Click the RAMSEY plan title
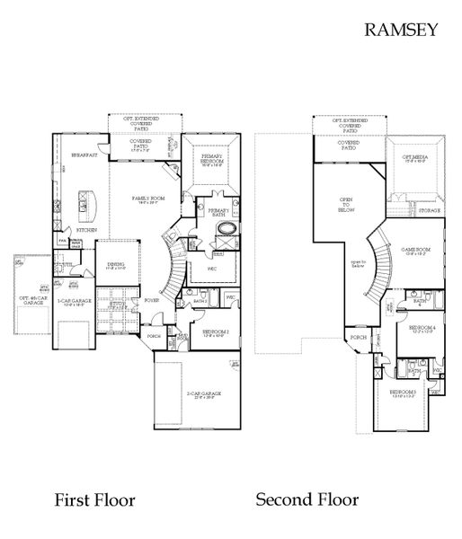(400, 29)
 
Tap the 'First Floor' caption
(94, 499)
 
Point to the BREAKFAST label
(84, 155)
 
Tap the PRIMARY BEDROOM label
(213, 159)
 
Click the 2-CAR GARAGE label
(205, 394)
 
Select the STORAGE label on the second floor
(429, 210)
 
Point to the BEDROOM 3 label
(402, 393)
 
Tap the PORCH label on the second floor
(357, 339)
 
